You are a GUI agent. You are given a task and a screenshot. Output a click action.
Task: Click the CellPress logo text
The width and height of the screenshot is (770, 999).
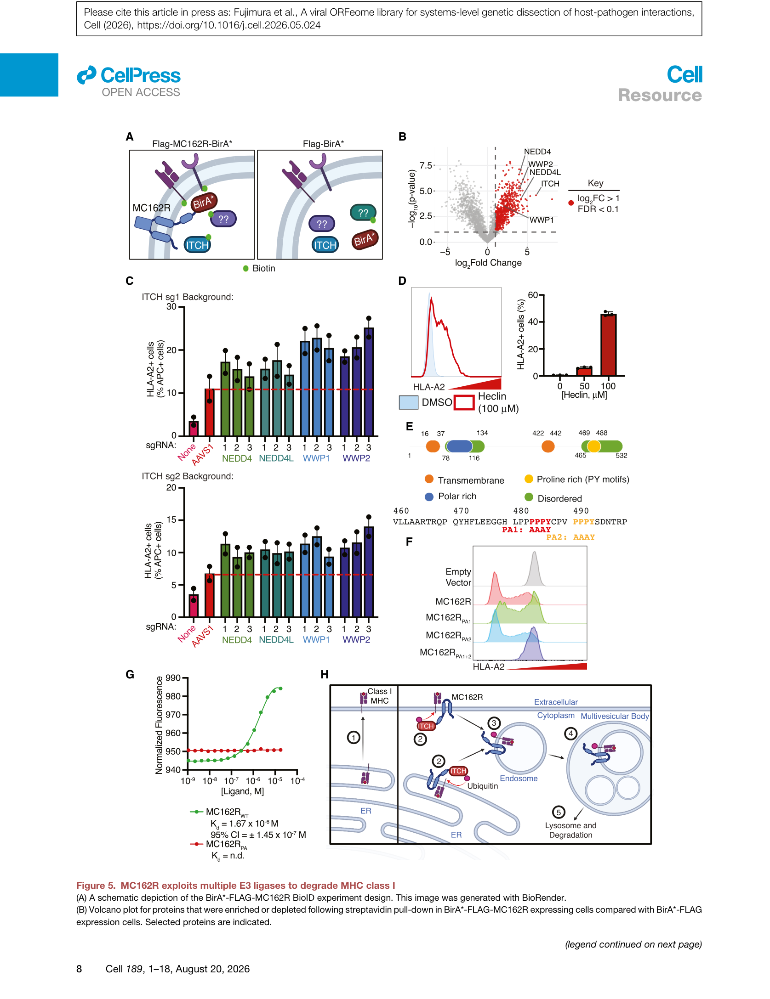[140, 75]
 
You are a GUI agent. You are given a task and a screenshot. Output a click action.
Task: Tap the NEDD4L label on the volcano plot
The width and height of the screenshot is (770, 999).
[545, 172]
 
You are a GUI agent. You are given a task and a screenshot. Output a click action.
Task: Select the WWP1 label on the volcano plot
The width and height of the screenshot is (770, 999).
[542, 220]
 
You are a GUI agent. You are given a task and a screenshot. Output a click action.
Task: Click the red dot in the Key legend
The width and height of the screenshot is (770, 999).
[571, 203]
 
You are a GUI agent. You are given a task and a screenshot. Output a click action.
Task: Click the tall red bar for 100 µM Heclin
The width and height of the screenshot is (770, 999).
[608, 345]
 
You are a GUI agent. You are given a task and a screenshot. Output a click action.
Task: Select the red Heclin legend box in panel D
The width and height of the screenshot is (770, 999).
[464, 402]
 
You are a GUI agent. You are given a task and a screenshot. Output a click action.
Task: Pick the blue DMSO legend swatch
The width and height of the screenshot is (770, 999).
[408, 402]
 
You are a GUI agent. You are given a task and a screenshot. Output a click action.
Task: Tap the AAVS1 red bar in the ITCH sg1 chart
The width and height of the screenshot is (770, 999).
[209, 412]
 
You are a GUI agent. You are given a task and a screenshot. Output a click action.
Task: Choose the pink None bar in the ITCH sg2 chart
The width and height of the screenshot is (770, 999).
[194, 606]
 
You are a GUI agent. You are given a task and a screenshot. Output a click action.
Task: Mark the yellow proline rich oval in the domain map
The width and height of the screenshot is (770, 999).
[593, 446]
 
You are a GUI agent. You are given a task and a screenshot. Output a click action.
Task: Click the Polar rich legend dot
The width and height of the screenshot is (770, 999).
[429, 497]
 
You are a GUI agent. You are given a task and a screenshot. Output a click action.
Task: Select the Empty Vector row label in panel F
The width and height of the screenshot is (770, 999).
[458, 577]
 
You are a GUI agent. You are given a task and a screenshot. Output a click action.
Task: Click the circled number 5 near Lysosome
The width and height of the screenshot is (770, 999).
[559, 812]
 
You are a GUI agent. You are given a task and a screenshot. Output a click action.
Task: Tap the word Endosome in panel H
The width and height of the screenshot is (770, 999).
[519, 778]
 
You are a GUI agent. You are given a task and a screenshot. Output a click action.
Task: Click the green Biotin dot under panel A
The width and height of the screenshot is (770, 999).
[245, 268]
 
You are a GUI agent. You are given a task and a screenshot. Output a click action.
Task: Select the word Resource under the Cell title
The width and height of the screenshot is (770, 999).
[660, 95]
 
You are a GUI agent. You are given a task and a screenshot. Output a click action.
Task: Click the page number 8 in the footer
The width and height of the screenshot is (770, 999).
[79, 969]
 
